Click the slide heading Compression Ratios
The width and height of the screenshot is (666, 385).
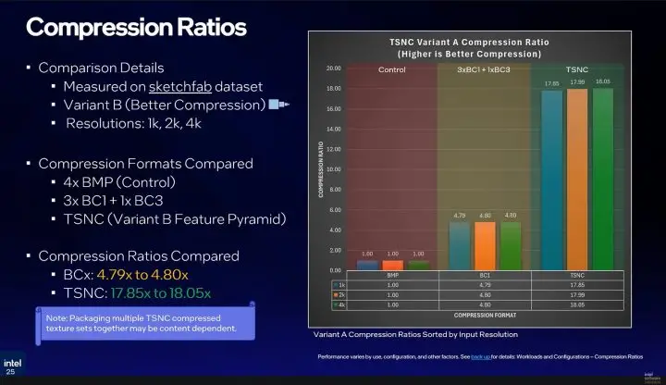(x=136, y=27)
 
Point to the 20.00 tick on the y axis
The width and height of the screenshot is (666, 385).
(x=334, y=68)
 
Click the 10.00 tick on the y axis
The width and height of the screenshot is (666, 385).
(x=334, y=169)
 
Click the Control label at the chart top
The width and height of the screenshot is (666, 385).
(x=392, y=70)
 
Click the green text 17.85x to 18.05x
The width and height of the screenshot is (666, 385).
(x=154, y=294)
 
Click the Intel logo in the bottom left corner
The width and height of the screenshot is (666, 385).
(x=14, y=366)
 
